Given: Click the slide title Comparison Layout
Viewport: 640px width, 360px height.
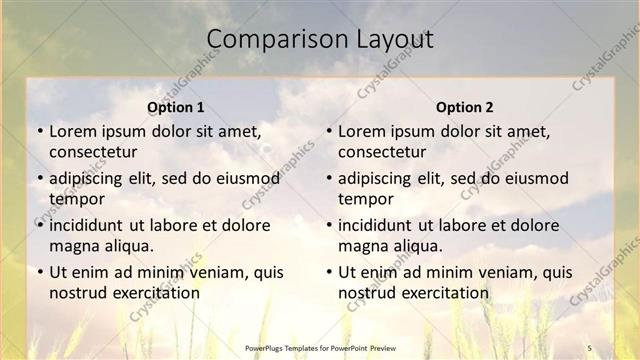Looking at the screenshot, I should click(319, 39).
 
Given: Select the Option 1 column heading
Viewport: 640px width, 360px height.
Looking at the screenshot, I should click(176, 107).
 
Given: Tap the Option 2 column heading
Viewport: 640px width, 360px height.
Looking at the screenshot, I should click(465, 107).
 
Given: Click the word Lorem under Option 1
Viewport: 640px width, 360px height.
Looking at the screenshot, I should click(72, 131).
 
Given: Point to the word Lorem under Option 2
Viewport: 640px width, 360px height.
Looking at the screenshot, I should click(361, 131).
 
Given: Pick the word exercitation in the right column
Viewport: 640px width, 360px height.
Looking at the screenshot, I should click(441, 293).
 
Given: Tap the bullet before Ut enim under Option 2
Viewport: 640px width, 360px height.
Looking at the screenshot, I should click(328, 272).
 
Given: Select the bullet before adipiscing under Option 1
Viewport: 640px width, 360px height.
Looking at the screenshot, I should click(39, 178).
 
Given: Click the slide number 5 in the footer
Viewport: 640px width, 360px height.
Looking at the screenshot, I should click(589, 347).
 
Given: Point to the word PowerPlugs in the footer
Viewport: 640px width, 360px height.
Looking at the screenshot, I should click(266, 347).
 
